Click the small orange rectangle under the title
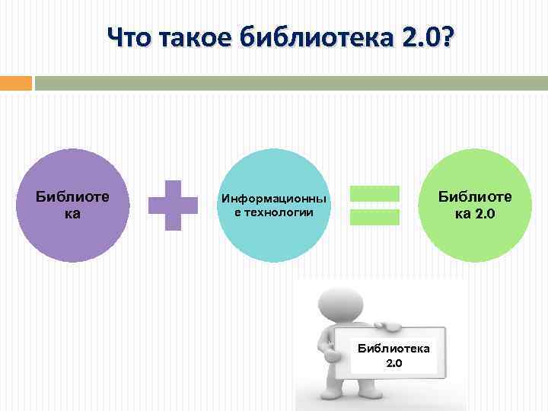[15, 82]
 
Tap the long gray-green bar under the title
[291, 82]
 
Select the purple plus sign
[174, 205]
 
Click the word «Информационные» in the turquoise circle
[274, 199]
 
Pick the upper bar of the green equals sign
[374, 194]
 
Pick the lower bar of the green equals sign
[374, 217]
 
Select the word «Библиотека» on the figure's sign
[394, 349]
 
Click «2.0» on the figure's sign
[394, 363]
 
